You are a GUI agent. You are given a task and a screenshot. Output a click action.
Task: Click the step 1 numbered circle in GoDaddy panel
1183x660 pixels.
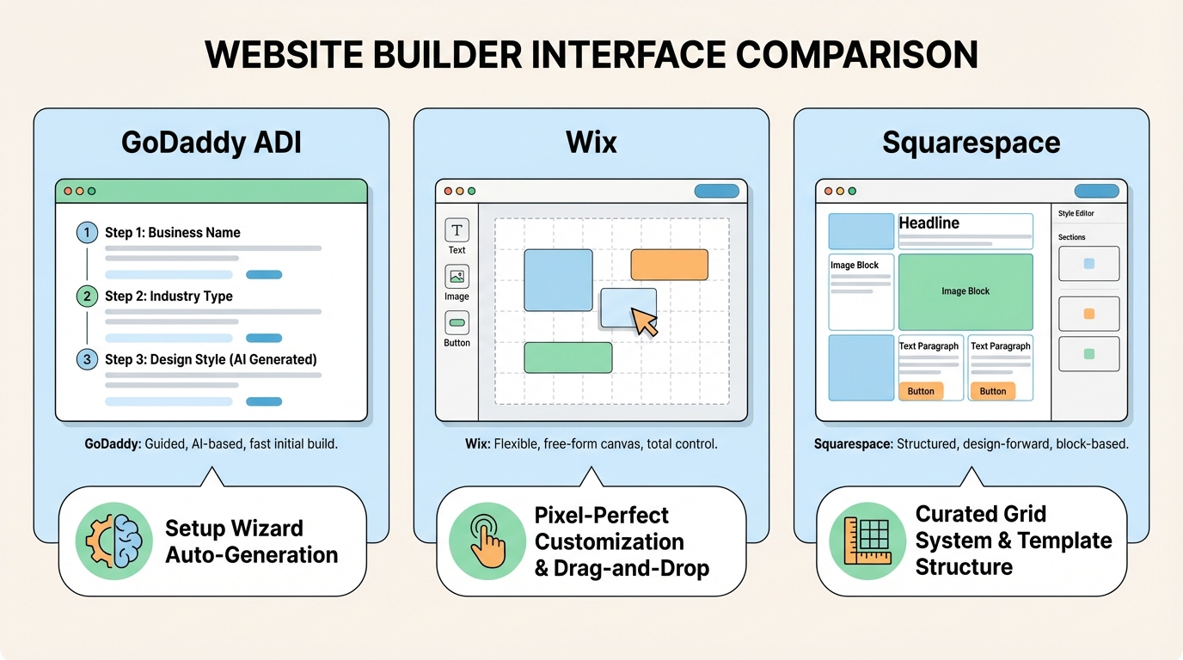(x=87, y=232)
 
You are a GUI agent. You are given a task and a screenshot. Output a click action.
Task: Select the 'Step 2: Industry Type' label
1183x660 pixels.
(x=169, y=296)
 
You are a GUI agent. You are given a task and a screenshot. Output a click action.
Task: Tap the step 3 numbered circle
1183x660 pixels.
(x=87, y=359)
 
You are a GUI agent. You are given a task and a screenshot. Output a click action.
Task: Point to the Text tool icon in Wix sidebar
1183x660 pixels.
(x=457, y=230)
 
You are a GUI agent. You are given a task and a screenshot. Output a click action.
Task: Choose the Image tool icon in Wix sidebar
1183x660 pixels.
(x=457, y=277)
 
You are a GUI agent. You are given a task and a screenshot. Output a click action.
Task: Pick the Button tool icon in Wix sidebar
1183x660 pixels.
(x=457, y=323)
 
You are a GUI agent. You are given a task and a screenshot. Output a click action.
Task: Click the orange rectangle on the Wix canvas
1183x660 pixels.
(x=669, y=265)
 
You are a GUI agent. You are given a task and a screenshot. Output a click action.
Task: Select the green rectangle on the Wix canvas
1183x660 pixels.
(x=567, y=357)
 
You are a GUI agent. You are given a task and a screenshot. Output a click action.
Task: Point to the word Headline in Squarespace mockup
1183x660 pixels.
(x=929, y=223)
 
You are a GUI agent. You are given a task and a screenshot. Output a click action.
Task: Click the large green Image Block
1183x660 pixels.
(x=965, y=292)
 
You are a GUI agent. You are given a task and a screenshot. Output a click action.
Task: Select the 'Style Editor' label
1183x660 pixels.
(x=1076, y=214)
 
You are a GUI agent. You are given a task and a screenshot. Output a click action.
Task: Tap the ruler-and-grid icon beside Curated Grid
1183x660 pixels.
(x=866, y=541)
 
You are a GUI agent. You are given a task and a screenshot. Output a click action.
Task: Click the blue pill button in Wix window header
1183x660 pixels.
(x=716, y=191)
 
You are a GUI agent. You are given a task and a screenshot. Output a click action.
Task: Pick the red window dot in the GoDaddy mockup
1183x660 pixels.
(x=67, y=191)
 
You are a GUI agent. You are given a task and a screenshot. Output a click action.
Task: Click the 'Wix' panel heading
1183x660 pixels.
(x=591, y=142)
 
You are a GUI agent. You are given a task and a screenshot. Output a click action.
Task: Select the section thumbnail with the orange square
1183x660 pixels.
(x=1088, y=314)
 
